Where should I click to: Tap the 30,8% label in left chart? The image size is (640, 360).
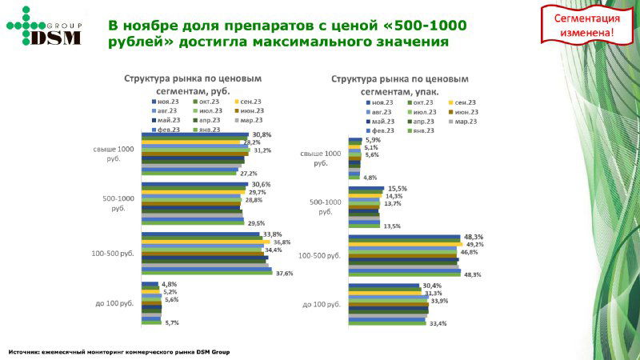pos(262,134)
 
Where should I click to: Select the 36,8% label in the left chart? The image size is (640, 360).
pos(282,242)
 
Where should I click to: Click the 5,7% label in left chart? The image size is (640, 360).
pos(171,322)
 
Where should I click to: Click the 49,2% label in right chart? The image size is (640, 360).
pos(475,244)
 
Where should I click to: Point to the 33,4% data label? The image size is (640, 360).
pos(438,323)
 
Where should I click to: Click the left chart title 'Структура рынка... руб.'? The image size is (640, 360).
pos(192,85)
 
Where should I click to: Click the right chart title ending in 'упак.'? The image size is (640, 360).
pos(400,85)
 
